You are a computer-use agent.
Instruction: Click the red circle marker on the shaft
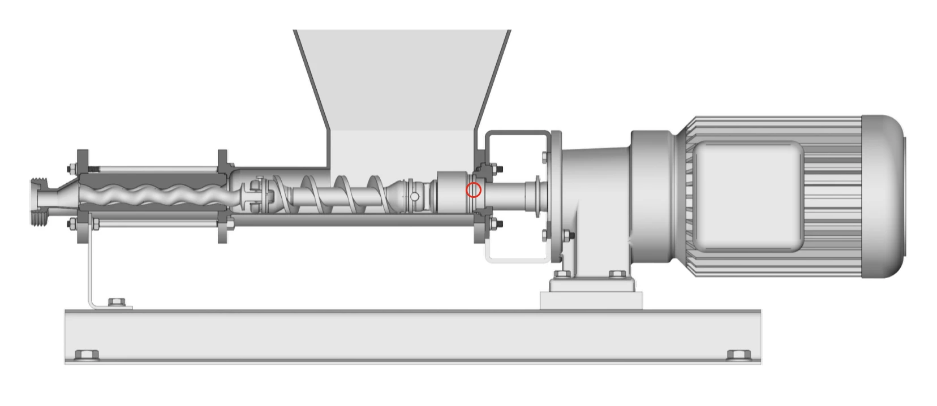(473, 191)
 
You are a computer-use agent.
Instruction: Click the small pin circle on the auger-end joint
(415, 196)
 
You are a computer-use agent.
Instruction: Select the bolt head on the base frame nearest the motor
(738, 355)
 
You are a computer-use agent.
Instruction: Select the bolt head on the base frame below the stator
(87, 355)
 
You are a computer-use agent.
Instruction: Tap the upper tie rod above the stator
(153, 169)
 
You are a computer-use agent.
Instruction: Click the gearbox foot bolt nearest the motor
(617, 275)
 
